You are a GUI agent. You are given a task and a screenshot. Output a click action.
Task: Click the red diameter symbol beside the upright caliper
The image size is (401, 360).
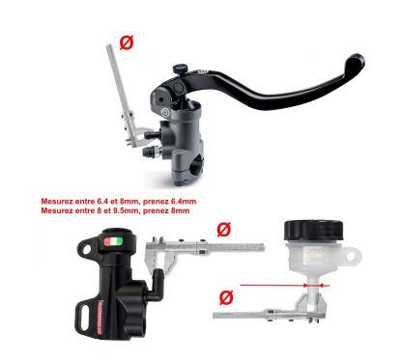tap(126, 42)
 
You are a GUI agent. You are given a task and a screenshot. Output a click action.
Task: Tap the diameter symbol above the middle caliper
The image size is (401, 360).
tap(224, 229)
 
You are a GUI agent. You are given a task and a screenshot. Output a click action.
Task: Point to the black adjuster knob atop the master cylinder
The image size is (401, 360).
tap(180, 69)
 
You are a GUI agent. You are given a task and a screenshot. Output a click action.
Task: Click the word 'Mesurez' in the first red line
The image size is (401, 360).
tap(57, 203)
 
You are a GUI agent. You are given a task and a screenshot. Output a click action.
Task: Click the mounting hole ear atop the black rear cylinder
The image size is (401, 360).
tap(86, 246)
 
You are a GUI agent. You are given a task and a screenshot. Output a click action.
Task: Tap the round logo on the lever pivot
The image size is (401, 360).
tap(204, 73)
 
